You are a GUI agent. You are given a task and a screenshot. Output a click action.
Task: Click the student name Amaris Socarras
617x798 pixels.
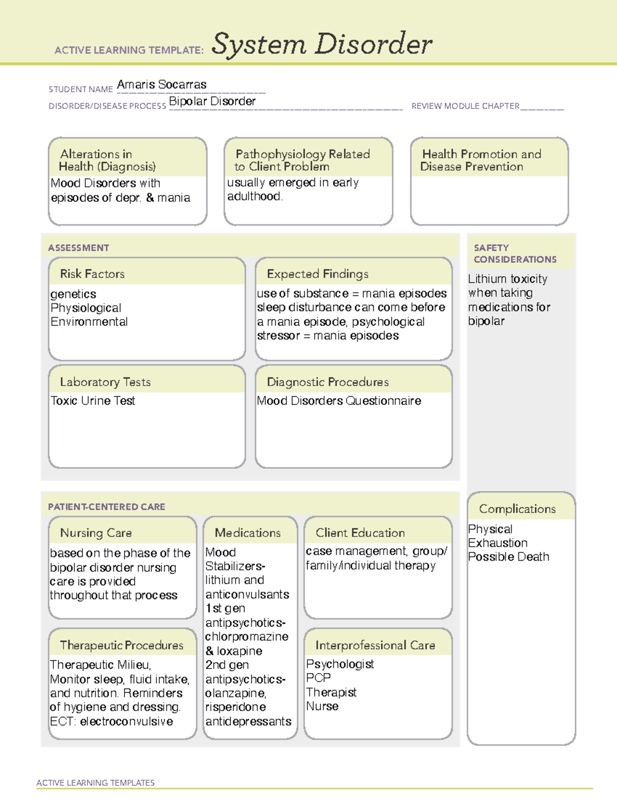pos(161,85)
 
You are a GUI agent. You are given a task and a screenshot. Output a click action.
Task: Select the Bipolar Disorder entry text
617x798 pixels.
pos(212,101)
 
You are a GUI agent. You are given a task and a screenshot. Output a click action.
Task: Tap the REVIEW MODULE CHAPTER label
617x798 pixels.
pos(465,106)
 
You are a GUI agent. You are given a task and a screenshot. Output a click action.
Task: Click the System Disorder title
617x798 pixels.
pos(322,44)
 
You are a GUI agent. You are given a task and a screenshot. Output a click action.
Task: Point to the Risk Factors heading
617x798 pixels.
pos(92,274)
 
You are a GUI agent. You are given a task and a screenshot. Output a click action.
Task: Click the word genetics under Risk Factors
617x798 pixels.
pos(73,294)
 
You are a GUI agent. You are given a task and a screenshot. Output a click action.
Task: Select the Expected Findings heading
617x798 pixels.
pos(317,274)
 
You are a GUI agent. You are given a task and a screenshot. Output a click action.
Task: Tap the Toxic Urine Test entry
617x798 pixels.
pos(93,401)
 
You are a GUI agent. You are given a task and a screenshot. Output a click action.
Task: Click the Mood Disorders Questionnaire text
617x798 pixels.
pos(339,401)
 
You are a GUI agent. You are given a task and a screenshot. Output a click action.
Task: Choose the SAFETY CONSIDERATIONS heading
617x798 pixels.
pos(515,254)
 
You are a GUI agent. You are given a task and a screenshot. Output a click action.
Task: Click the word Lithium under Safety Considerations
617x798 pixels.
pos(487,279)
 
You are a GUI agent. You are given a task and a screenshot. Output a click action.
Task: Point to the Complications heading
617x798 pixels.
pos(517,509)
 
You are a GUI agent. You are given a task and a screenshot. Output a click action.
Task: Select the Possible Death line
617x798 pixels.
pos(509,557)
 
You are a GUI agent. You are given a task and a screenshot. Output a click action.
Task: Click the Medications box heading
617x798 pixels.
pos(247,533)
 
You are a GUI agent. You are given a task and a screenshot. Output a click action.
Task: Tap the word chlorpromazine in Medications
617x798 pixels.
pos(247,637)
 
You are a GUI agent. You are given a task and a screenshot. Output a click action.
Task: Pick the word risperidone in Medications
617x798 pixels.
pos(235,707)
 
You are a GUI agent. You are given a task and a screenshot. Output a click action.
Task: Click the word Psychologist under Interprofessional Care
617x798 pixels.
pos(340,664)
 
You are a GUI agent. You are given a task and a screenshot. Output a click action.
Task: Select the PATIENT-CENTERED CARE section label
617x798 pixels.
pos(106,507)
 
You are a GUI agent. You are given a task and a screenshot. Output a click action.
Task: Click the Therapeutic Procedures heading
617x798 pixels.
pos(121,645)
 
